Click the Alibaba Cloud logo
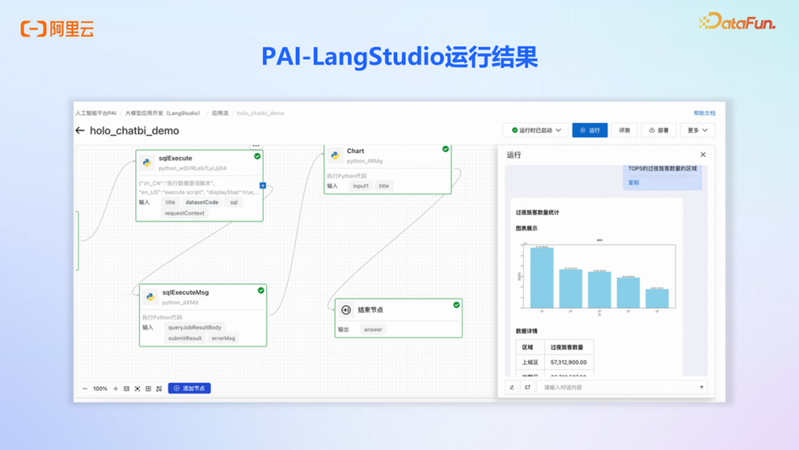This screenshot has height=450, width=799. coord(57,29)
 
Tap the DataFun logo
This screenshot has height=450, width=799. coord(737,22)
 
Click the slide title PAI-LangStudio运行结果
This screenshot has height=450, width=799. coord(399,57)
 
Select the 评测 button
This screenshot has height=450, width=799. coord(624,130)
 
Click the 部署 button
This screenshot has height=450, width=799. coord(658,130)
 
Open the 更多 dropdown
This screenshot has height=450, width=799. coord(698,130)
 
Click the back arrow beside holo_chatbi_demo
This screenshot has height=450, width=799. coord(80,131)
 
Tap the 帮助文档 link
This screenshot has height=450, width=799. coord(704,113)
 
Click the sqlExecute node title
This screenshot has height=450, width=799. coord(175,158)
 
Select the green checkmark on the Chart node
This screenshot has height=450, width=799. coord(445,149)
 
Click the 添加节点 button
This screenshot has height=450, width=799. coord(189,388)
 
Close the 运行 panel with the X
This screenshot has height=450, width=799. coord(703,155)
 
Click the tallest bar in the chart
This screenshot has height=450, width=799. coord(542,278)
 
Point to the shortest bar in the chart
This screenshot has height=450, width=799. coord(657,298)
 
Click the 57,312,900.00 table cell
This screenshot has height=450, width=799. coord(568,363)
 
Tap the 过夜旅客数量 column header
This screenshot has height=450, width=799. coord(568,347)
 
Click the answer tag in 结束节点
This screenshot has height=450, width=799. coord(373,329)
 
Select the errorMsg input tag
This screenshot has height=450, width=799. coord(223,338)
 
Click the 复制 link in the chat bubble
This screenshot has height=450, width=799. coord(633,182)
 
